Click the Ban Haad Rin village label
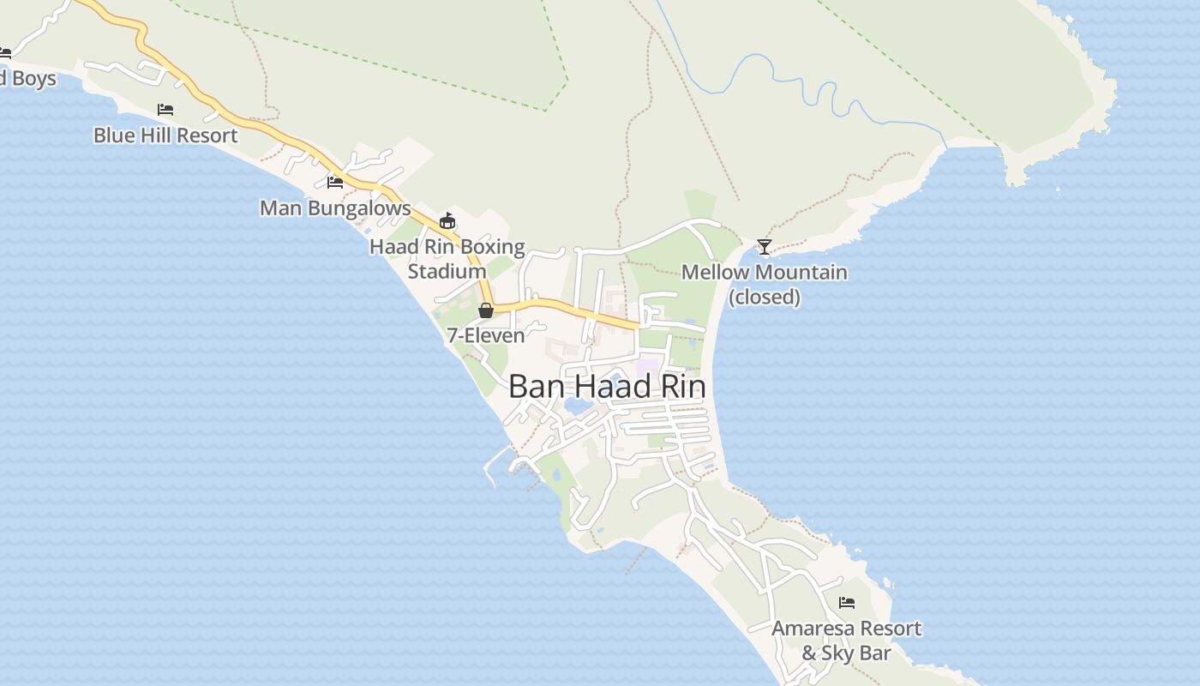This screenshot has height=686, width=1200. pos(607,387)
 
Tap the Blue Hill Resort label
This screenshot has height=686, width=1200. pos(165,135)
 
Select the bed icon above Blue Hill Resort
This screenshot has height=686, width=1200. pos(165,110)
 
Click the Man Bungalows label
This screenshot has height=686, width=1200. pos(335,208)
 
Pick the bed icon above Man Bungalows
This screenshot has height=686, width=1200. pos(335,183)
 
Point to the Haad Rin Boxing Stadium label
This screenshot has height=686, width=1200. pos(447,259)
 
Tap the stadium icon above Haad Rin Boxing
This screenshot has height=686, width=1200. pos(447,221)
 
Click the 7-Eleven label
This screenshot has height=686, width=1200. pos(485,335)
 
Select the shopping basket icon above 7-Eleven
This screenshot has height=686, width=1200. pos(486,310)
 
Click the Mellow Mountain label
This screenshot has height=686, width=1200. pos(764,273)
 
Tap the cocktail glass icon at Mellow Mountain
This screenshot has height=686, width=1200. pos(764,247)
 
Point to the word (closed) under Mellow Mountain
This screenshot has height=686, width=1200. pos(764,298)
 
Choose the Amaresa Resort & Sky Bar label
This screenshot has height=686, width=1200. pos(846,641)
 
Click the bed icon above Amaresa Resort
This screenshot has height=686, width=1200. pos(847,603)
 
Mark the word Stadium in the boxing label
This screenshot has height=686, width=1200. pos(447,272)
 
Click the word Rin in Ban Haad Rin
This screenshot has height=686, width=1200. pos(683,387)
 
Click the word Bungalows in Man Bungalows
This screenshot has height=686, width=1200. pos(362,208)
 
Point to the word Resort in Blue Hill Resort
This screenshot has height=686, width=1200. pos(209,135)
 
